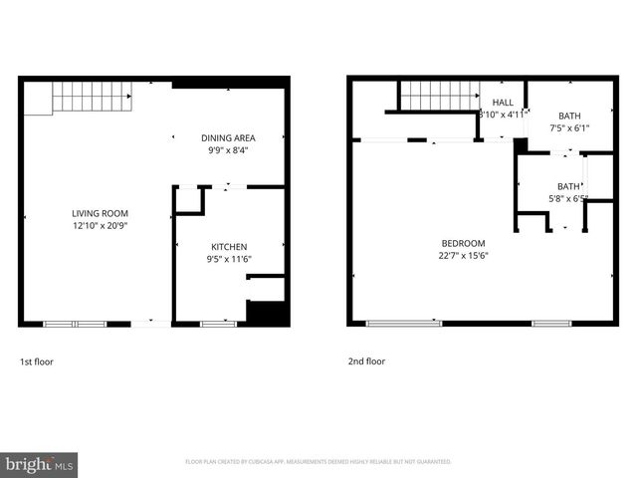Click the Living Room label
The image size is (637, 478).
[100, 213]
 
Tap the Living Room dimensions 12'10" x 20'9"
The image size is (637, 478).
[100, 227]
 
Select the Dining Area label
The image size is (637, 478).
[228, 137]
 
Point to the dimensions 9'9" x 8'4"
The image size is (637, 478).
[228, 151]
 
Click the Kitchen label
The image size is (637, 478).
[228, 246]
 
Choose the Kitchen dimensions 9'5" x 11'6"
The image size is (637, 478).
[228, 260]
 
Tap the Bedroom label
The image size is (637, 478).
[463, 243]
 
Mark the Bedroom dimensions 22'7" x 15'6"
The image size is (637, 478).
[463, 256]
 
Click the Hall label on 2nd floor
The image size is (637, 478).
[503, 102]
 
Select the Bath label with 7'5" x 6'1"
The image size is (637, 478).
[568, 116]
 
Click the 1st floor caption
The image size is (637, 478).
[36, 361]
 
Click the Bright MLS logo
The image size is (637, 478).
[40, 465]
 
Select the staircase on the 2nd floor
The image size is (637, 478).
[439, 96]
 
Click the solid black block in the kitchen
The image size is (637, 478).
[266, 313]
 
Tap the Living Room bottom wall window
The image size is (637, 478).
[75, 324]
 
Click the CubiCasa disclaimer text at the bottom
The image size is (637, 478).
[318, 462]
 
